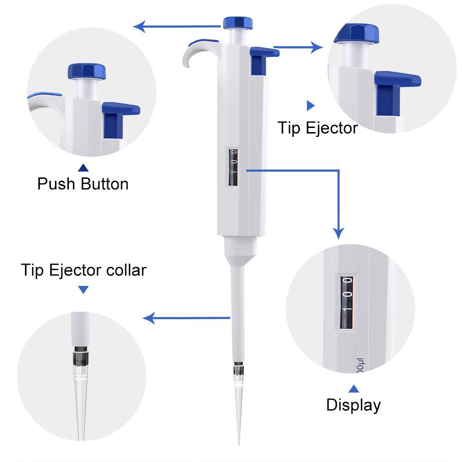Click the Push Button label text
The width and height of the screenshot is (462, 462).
(83, 184)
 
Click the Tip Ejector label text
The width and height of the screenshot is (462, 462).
(318, 128)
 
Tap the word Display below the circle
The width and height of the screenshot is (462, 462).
(353, 405)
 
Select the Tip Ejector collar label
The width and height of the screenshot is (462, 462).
(84, 270)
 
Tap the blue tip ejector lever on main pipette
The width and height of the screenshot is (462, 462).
(263, 53)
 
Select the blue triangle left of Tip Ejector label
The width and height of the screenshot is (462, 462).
(310, 106)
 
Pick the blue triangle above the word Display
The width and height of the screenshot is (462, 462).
(353, 388)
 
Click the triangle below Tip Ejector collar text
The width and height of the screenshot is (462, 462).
(83, 290)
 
